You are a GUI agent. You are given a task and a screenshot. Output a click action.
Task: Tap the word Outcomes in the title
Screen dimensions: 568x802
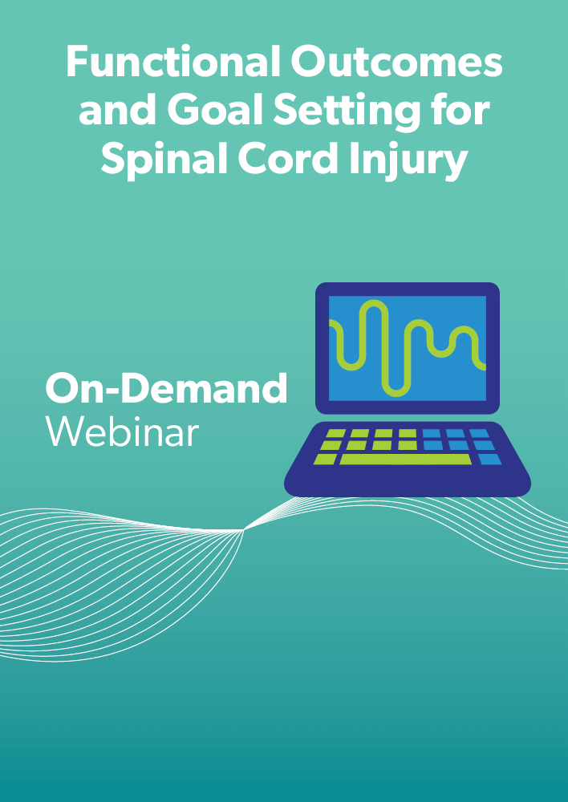pos(396,62)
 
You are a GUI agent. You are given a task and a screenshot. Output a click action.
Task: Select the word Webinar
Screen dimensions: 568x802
pos(122,431)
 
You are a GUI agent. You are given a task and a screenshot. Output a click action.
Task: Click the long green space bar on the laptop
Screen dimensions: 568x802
pos(405,460)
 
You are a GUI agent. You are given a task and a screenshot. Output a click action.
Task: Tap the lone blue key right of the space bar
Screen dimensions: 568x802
pos(489,460)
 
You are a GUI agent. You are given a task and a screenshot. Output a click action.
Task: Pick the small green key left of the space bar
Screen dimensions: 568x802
pos(325,459)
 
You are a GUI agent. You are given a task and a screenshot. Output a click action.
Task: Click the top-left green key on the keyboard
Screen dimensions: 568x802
pos(335,433)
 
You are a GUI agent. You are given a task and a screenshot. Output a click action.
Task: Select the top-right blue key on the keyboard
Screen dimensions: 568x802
pos(479,433)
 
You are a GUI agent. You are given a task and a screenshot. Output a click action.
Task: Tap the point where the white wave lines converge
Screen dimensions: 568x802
pos(244,530)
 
